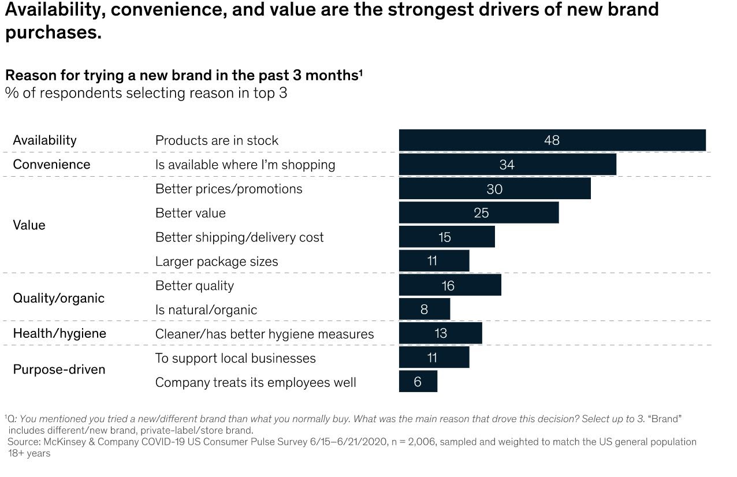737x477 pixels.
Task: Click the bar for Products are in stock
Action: (552, 140)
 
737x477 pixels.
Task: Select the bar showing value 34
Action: (507, 165)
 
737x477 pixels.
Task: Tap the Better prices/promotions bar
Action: (494, 189)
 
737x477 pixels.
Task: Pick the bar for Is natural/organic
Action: (424, 310)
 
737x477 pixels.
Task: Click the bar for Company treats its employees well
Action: (418, 382)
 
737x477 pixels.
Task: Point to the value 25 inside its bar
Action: (481, 213)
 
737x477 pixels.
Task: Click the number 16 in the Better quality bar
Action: (448, 285)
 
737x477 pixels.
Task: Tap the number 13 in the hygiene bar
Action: (440, 334)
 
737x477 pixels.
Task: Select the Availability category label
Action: (44, 140)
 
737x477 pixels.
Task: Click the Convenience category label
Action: (51, 165)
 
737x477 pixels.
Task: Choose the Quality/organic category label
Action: (58, 298)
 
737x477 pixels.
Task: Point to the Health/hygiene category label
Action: (59, 334)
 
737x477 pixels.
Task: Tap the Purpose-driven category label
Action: (59, 370)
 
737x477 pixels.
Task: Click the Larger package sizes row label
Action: (217, 262)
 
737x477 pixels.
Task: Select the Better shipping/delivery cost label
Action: (239, 237)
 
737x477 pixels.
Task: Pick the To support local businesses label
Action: (235, 358)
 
